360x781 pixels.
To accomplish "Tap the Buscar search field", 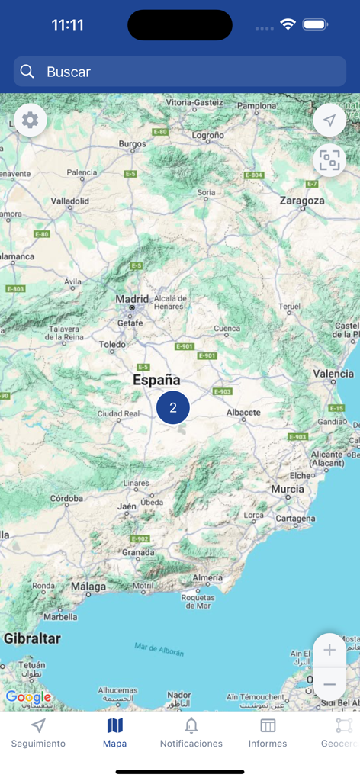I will (x=180, y=72).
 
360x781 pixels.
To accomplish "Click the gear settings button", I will (x=31, y=121).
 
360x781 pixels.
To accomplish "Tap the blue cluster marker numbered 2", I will (x=173, y=407).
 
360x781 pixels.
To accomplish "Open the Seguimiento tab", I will (x=38, y=733).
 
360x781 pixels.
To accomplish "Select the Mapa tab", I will (x=114, y=733).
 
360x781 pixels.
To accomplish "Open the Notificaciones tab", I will (x=191, y=733).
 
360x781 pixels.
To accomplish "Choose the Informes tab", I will (x=268, y=733).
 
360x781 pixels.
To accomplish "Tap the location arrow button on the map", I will (x=329, y=121).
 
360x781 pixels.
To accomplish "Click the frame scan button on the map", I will (x=329, y=160).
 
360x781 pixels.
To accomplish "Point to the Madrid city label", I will (x=132, y=299).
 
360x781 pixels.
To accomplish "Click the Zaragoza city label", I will (x=302, y=201).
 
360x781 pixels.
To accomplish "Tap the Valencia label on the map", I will (x=333, y=374).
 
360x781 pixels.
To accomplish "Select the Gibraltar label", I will (x=32, y=638).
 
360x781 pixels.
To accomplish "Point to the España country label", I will (x=156, y=380).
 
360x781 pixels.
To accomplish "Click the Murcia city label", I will (x=287, y=489).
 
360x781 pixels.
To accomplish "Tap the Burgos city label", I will (x=132, y=143).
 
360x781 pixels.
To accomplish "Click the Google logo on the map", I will (x=28, y=697).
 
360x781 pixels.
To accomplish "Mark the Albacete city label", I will (x=243, y=413).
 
